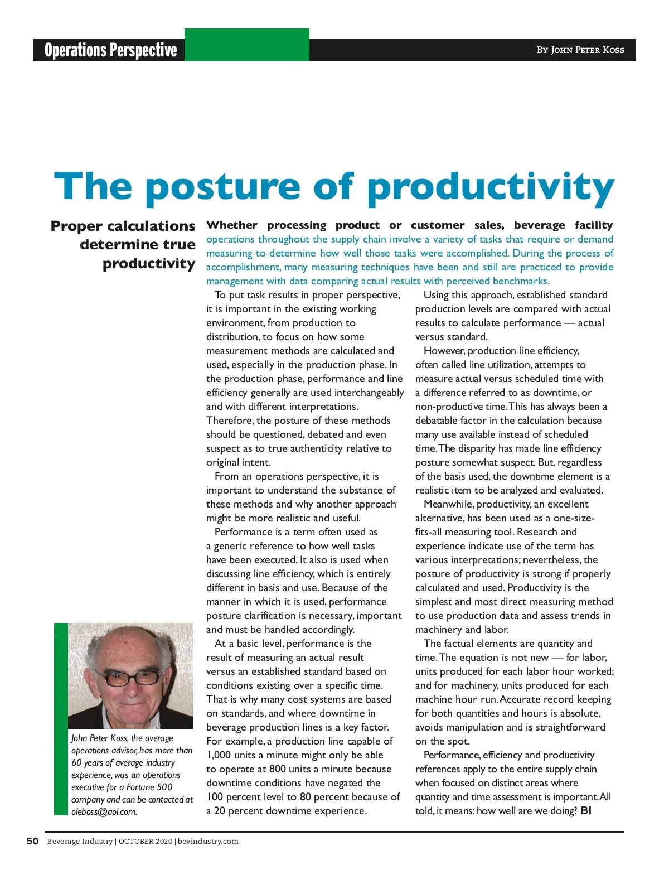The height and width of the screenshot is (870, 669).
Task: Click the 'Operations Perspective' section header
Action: pos(110,50)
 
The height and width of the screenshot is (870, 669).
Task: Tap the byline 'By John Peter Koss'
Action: pos(580,50)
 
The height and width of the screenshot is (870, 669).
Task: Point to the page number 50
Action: pos(33,841)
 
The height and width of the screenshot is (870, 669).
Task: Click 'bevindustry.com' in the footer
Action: pos(208,842)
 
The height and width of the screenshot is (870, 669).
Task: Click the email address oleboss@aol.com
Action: pos(104,812)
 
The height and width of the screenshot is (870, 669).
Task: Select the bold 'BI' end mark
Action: pos(586,811)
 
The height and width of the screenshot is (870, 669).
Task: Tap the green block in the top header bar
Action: pos(246,45)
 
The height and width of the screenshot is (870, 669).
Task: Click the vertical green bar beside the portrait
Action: pos(61,719)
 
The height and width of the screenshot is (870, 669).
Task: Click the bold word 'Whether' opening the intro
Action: pos(232,225)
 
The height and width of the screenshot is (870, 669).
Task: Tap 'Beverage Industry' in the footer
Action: pos(80,842)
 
